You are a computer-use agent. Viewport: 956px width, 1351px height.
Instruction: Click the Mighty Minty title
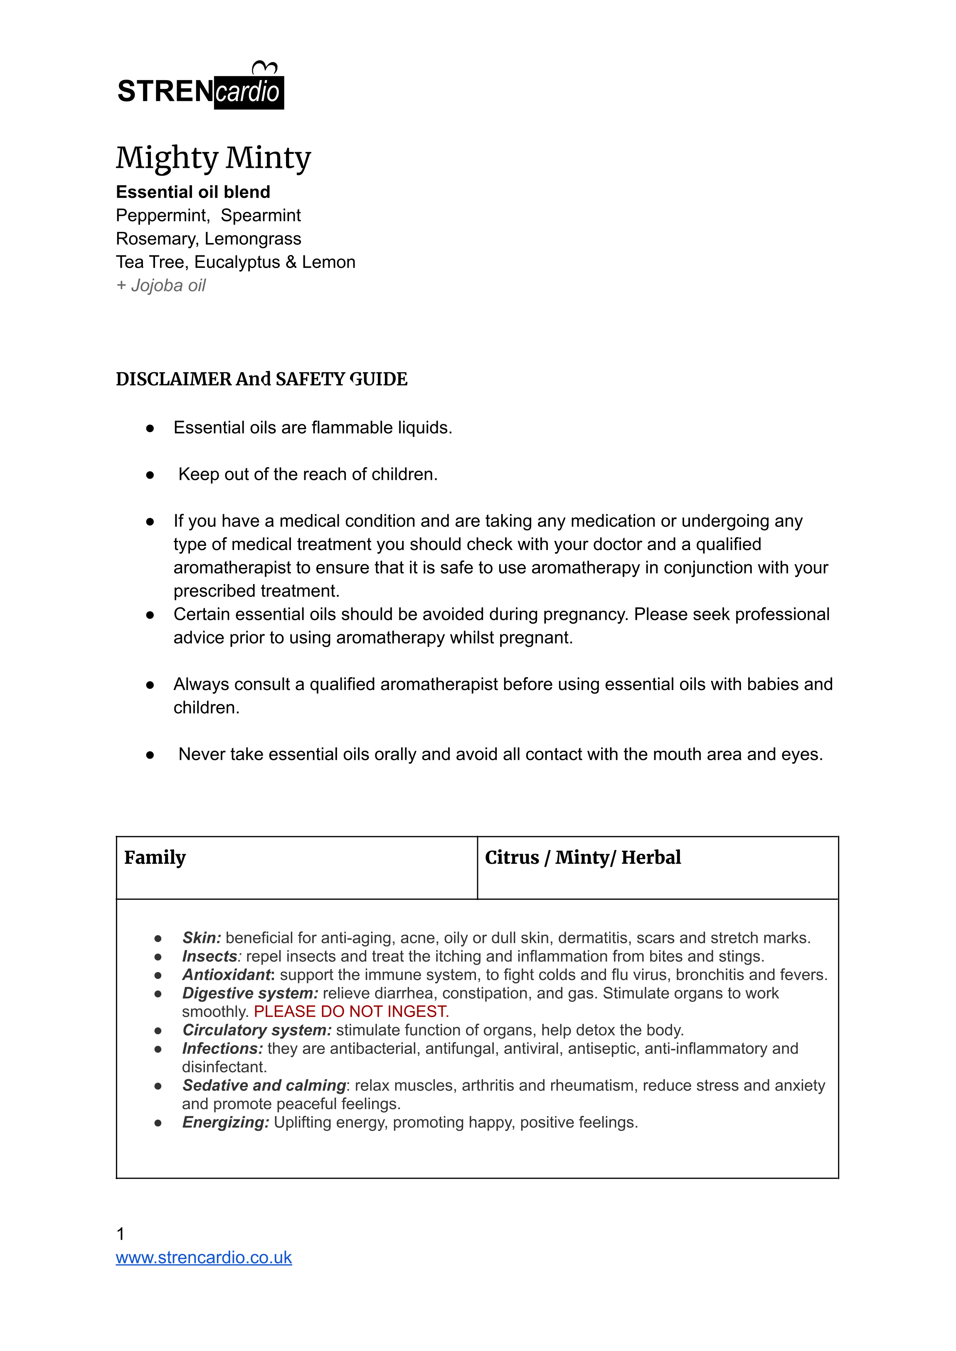click(213, 158)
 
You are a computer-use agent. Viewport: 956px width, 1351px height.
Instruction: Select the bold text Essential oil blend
click(193, 192)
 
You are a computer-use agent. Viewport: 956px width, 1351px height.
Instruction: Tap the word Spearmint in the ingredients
click(260, 215)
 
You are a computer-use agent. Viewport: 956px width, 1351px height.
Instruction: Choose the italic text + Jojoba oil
click(161, 285)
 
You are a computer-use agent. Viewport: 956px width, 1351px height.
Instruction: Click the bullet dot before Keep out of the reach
click(150, 475)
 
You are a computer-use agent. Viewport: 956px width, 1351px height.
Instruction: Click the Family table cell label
click(155, 857)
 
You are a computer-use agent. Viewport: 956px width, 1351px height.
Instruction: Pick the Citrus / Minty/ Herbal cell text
click(583, 857)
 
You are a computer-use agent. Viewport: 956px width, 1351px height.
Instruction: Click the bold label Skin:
click(201, 938)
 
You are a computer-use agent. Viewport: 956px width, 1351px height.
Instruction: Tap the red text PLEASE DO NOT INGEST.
click(352, 1012)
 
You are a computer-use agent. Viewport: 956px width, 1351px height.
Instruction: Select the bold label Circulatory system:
click(256, 1030)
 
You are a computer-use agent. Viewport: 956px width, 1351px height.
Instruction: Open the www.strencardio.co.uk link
click(204, 1258)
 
